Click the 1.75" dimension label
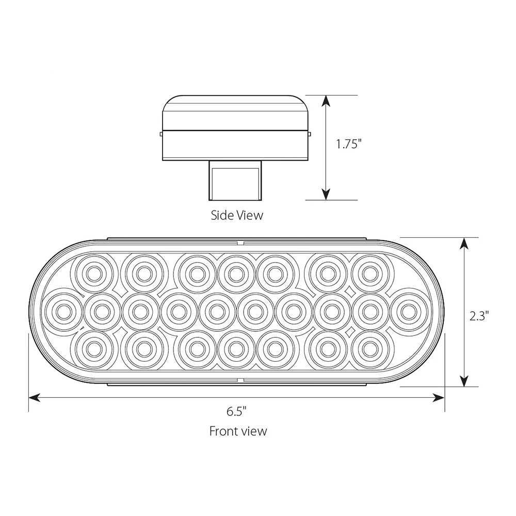[x=348, y=144]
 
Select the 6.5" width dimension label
[x=236, y=411]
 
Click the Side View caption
[x=237, y=215]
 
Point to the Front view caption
[x=238, y=431]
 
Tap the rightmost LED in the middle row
[x=409, y=311]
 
